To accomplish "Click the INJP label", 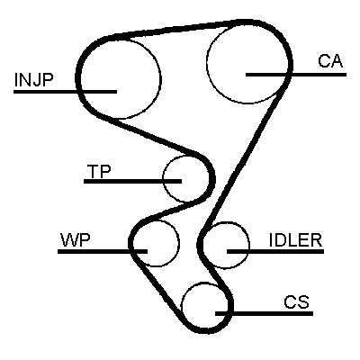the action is click(x=33, y=80).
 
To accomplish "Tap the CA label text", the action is click(x=330, y=61).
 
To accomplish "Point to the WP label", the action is click(x=76, y=240).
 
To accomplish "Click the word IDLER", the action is click(x=295, y=240).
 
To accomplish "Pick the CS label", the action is click(x=296, y=302).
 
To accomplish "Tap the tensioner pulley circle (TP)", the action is click(x=163, y=179).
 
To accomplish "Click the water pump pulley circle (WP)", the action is click(x=179, y=243).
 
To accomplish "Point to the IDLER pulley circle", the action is click(x=249, y=246).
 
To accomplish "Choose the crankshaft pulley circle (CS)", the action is click(x=182, y=306).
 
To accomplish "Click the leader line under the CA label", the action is click(x=296, y=75).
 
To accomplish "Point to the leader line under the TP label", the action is click(x=132, y=181).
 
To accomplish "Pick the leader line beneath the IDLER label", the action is click(x=275, y=251).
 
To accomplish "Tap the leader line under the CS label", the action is click(x=265, y=314).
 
